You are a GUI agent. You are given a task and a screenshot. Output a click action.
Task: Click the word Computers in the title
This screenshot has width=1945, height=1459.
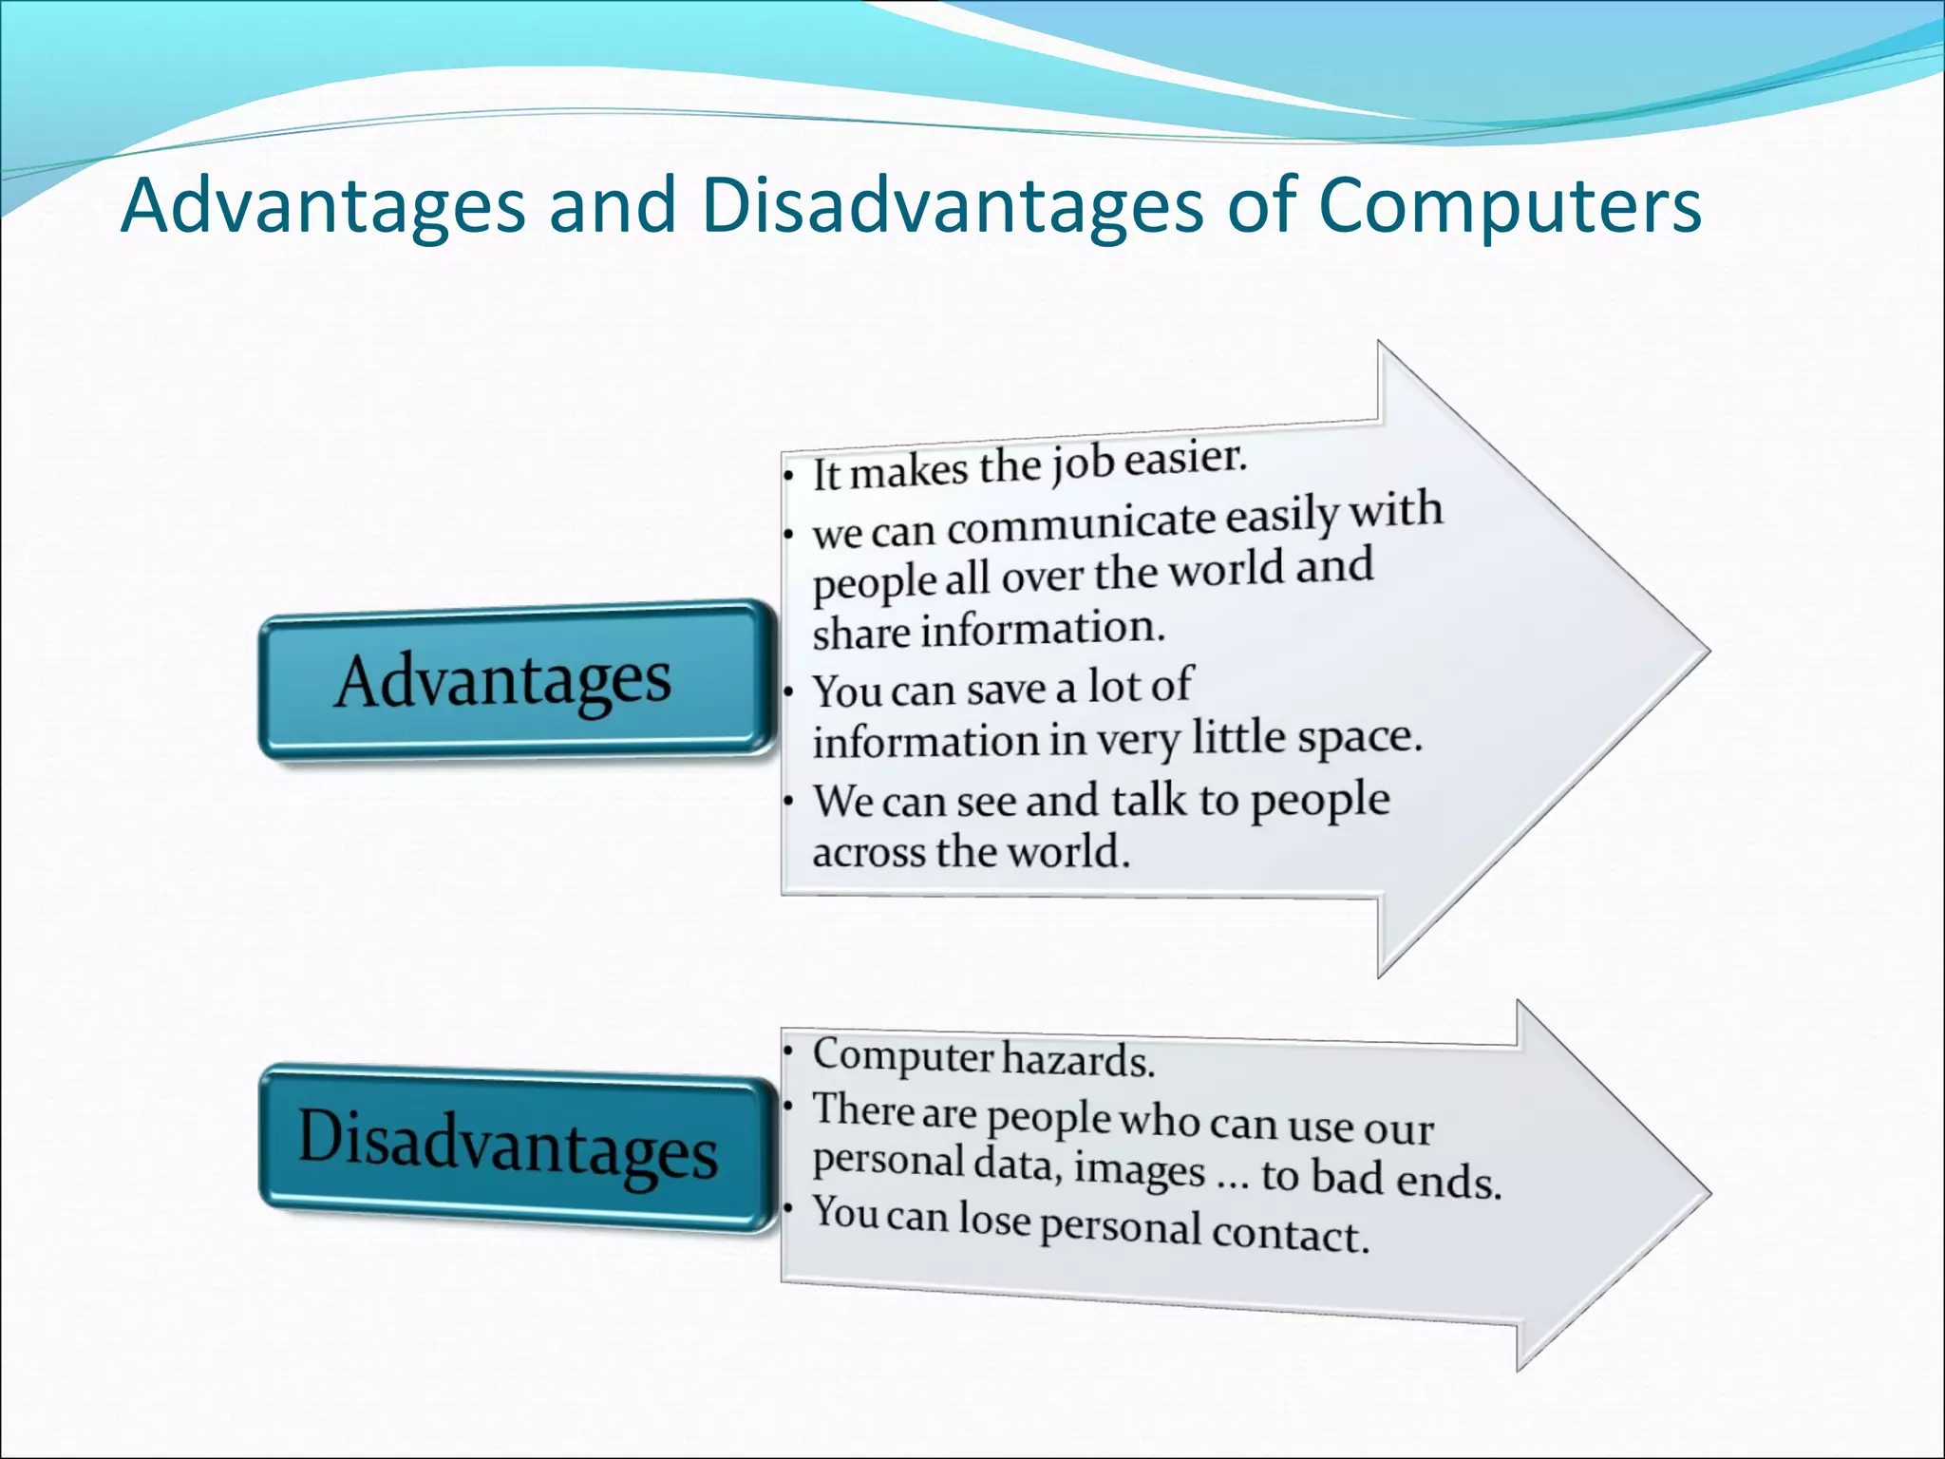(x=1510, y=206)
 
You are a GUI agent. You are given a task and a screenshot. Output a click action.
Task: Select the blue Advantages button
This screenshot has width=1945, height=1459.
(x=514, y=680)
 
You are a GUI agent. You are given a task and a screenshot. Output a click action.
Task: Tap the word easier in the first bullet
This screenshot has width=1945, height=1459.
(x=1184, y=459)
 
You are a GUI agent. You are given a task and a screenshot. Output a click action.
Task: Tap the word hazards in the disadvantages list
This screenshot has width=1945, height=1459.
(x=1078, y=1060)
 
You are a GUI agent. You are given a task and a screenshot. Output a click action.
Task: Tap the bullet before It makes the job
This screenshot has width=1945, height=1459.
(x=788, y=476)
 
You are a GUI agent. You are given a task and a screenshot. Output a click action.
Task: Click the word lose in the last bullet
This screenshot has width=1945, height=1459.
(x=993, y=1219)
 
